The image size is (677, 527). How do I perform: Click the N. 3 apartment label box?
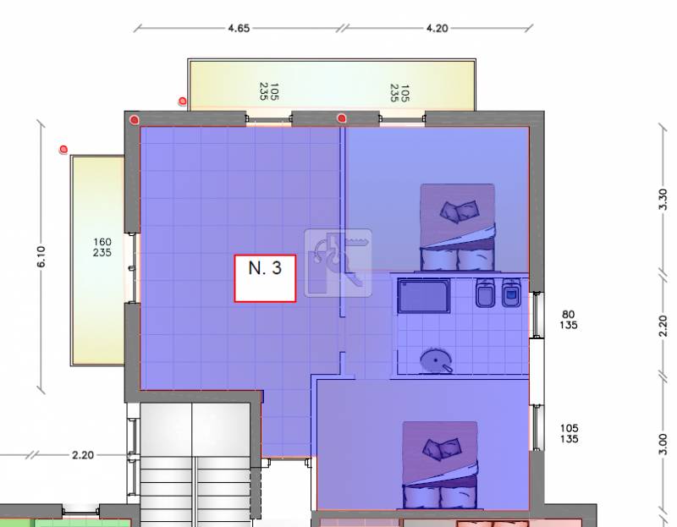coord(265,278)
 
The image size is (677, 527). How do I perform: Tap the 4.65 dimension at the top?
coord(239,29)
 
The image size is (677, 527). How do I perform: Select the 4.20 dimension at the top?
coord(437,29)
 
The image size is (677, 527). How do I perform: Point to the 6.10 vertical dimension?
coord(41,256)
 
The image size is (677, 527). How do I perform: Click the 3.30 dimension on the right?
coord(663,200)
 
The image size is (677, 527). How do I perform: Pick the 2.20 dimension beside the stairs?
coord(82,455)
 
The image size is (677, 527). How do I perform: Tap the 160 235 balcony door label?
coord(102,247)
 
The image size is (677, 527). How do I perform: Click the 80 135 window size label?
coord(568,320)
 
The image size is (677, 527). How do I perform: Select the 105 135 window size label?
coord(569,433)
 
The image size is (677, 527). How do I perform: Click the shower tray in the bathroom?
coord(424,296)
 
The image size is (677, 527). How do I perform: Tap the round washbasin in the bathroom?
coord(436,361)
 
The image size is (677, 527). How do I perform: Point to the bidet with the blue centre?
coord(512,293)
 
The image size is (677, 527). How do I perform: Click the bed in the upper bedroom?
coord(458,228)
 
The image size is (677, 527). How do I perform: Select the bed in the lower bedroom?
coord(440,465)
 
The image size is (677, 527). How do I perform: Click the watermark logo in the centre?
coord(338,263)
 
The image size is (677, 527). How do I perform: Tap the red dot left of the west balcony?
coord(63,150)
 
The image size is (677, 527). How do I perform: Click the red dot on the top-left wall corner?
coord(135,119)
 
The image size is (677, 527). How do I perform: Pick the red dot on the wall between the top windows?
coord(342,118)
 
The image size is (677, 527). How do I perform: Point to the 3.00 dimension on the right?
coord(663,445)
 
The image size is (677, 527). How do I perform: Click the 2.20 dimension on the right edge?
coord(663,326)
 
